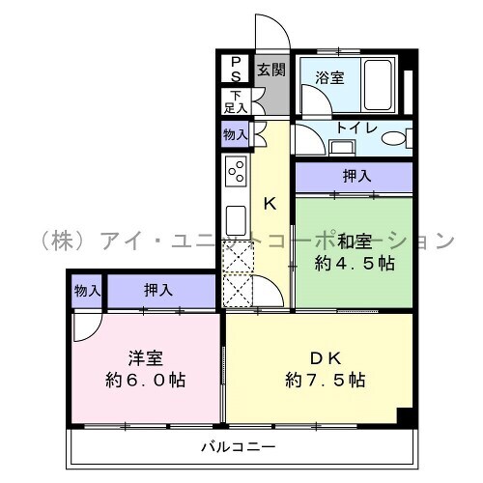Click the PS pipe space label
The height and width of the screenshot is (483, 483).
tap(236, 70)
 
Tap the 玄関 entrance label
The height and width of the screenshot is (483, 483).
tap(271, 70)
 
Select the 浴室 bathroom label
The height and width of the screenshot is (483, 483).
tap(329, 77)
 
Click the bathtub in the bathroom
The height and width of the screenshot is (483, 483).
tap(378, 85)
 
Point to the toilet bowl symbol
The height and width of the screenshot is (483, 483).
tap(394, 138)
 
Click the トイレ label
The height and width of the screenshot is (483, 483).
tap(356, 128)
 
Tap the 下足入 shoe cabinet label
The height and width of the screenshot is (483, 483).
tap(236, 101)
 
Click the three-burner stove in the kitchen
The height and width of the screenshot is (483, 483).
tap(236, 171)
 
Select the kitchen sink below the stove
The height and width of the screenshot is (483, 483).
tap(236, 220)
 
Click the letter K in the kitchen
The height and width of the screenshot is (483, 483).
tap(270, 204)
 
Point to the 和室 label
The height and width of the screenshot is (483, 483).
tap(355, 241)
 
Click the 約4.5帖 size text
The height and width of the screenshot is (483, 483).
tap(355, 264)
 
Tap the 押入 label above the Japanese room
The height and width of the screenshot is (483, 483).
tap(356, 176)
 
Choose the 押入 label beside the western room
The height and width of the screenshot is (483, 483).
tap(158, 290)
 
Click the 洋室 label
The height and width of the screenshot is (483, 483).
tap(146, 358)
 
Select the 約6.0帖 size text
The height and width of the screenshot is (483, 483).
tap(146, 381)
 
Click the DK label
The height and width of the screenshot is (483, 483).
tap(326, 358)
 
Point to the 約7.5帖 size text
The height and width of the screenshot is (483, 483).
tap(326, 381)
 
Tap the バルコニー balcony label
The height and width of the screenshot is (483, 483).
tap(239, 447)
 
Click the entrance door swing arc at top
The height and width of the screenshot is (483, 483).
tap(281, 25)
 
